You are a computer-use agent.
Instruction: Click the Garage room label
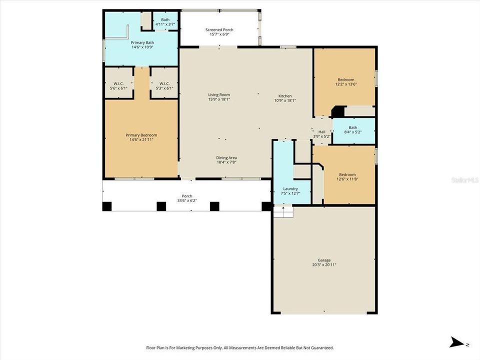323,260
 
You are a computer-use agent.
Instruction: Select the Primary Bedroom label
141,135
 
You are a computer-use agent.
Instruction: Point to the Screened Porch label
219,30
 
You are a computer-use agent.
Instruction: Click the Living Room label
219,94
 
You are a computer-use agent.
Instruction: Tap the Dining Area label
226,157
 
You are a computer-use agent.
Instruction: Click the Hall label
321,131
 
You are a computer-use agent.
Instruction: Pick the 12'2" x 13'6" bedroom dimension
346,84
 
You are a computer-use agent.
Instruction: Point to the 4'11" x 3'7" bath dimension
165,24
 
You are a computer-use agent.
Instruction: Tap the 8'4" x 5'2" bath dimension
353,132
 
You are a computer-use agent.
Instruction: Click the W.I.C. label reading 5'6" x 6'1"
118,88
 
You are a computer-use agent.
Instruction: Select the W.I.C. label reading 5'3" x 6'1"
165,88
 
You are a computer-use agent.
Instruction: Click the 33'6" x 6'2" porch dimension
187,201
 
